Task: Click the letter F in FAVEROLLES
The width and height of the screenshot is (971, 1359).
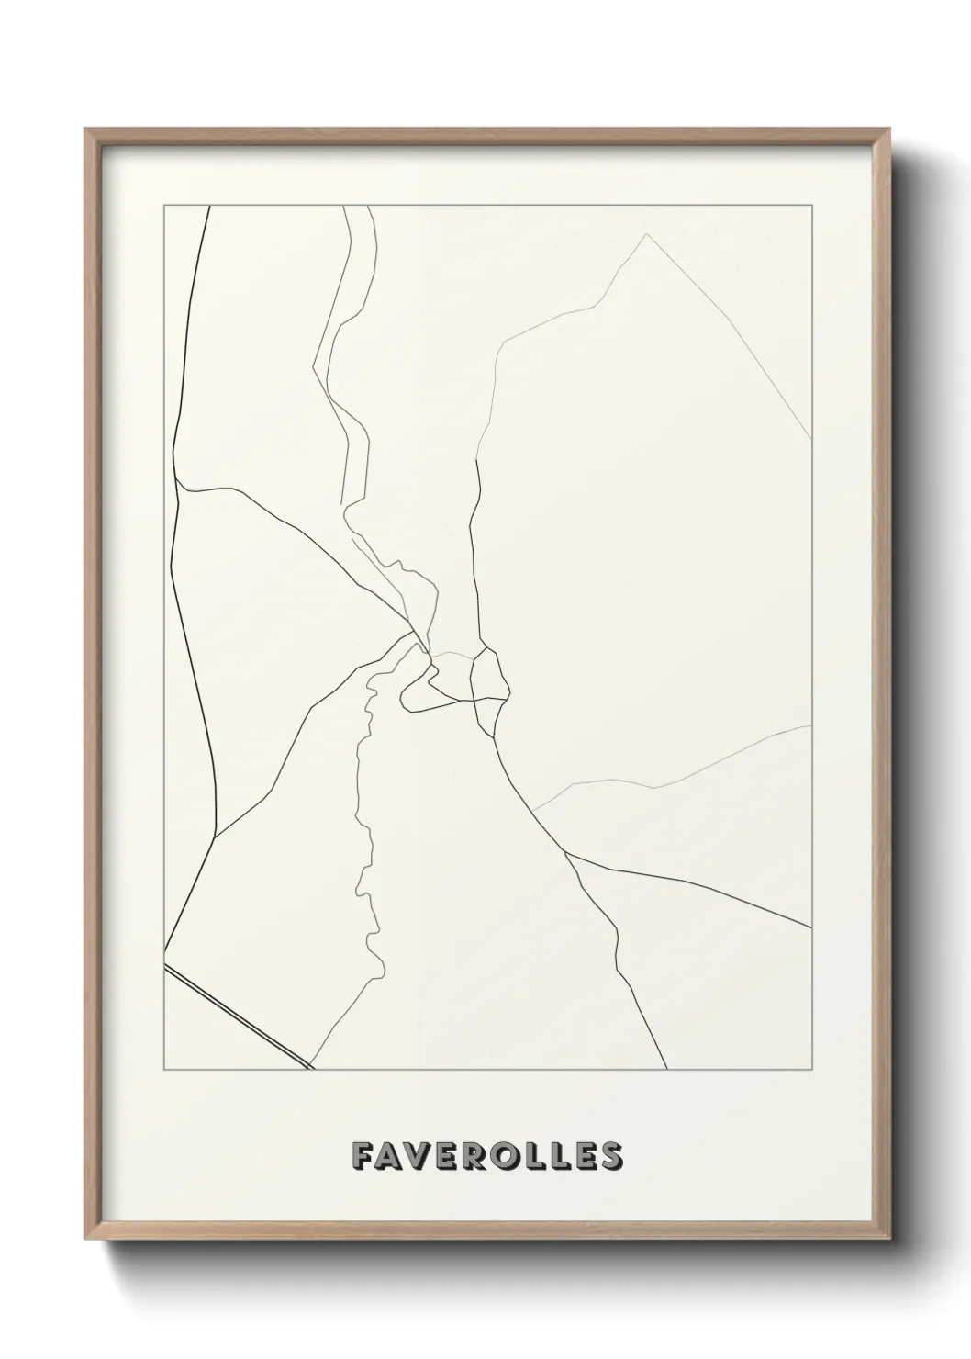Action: coord(361,1156)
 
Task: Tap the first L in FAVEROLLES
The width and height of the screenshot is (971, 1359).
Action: coord(539,1156)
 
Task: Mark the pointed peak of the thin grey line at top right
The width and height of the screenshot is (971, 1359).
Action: coord(647,234)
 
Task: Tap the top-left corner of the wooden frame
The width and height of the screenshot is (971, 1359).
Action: coord(86,129)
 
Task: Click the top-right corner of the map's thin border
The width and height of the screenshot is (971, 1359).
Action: coord(811,205)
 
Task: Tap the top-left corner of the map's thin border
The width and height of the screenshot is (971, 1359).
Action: coord(164,205)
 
